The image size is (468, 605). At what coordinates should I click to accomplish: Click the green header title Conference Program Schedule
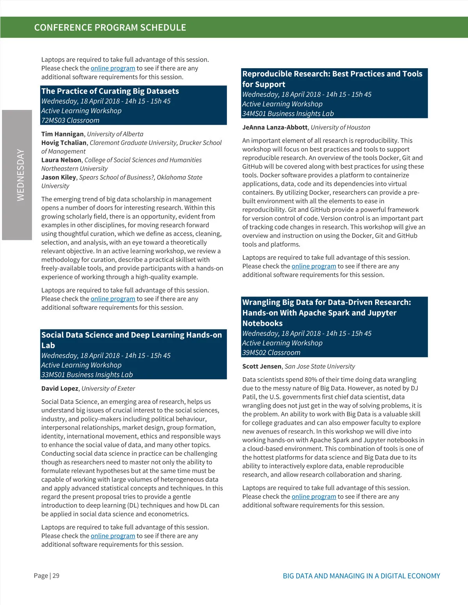(x=110, y=28)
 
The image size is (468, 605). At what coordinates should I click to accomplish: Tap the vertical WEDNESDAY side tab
(x=20, y=175)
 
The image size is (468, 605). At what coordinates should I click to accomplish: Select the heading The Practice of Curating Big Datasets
(x=110, y=91)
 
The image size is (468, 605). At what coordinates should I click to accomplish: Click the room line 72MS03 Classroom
(x=70, y=120)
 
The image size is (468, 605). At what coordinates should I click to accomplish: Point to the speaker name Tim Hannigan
(x=62, y=134)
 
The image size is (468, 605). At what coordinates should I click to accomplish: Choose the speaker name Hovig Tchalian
(x=64, y=143)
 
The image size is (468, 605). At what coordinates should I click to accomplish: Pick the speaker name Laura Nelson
(x=61, y=160)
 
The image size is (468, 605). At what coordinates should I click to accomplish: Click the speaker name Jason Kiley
(x=58, y=177)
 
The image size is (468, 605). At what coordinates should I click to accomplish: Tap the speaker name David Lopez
(x=60, y=388)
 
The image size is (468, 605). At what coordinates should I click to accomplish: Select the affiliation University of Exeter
(x=108, y=388)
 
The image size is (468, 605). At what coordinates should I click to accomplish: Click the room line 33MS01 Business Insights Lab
(x=87, y=375)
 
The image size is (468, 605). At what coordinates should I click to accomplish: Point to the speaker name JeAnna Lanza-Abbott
(x=275, y=127)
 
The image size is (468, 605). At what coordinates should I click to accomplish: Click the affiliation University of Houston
(x=340, y=127)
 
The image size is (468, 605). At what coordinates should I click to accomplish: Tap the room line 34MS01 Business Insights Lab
(x=288, y=114)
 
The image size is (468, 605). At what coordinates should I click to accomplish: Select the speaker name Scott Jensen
(x=262, y=367)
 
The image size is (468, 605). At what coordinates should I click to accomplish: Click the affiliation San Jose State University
(x=320, y=367)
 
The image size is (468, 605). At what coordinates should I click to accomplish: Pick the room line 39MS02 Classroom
(x=271, y=353)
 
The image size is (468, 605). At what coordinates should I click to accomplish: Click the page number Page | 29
(x=46, y=576)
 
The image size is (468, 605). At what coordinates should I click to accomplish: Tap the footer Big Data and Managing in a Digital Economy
(x=361, y=576)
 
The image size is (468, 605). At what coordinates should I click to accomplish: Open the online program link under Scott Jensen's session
(x=314, y=497)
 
